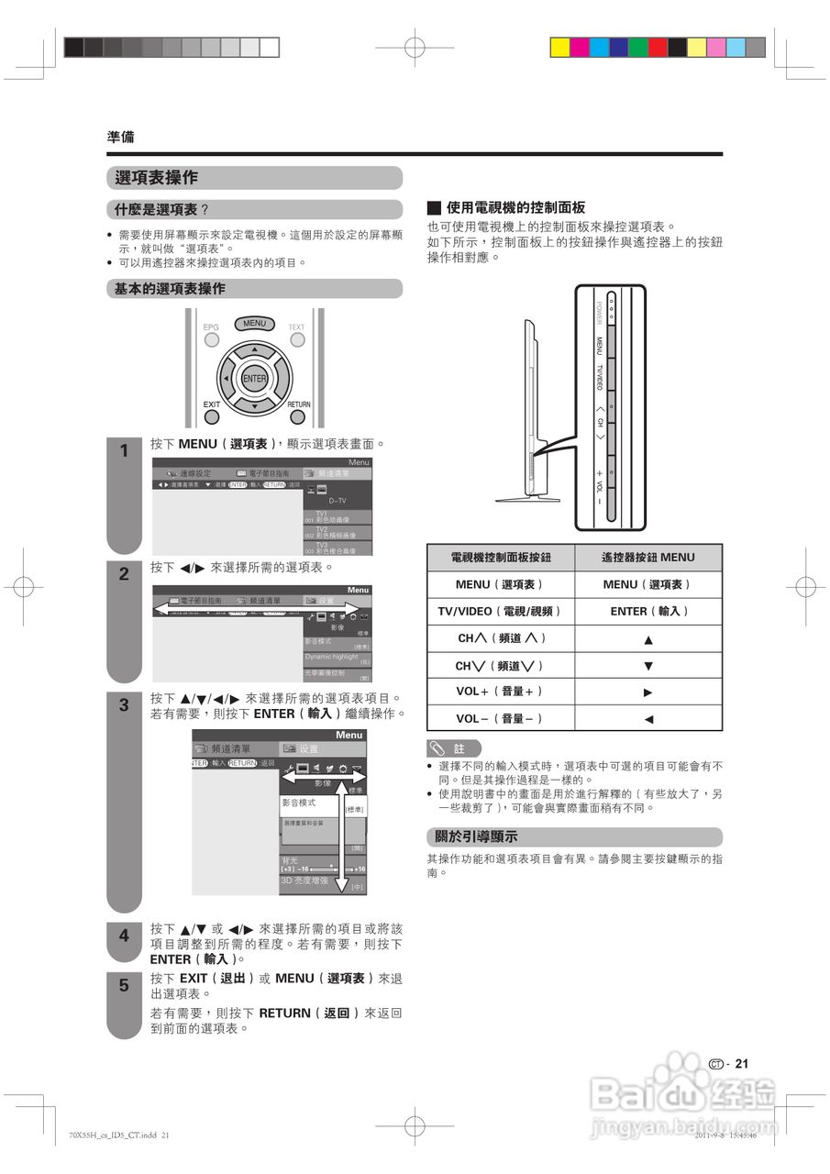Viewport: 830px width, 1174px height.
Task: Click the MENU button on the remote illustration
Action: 254,323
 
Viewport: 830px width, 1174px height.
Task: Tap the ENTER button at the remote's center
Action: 254,379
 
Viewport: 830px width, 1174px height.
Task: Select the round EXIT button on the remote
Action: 212,417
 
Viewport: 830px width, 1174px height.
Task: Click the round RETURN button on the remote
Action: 298,417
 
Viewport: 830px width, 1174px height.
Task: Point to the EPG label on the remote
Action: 212,327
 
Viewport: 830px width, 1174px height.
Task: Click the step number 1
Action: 124,451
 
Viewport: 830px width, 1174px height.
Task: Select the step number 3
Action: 124,706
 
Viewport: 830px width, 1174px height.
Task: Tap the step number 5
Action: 124,986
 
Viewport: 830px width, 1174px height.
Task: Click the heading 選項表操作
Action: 158,178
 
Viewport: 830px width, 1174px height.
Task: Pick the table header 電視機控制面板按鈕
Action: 501,558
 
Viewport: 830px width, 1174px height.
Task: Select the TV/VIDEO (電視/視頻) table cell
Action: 501,611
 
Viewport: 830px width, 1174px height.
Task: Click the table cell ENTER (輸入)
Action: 648,611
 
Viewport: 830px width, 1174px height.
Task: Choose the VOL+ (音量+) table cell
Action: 501,692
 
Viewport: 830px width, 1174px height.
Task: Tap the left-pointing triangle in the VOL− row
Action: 648,719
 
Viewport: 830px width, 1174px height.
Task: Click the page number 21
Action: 742,1064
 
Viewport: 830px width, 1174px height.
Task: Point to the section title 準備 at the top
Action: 120,137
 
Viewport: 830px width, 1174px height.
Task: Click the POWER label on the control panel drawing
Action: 599,314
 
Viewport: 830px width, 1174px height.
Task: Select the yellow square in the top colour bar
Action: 559,47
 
